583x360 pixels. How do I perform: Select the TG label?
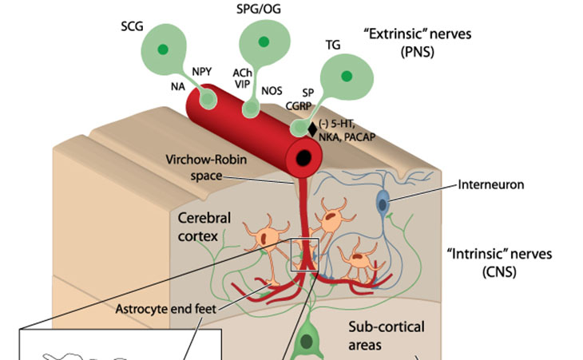(x=333, y=45)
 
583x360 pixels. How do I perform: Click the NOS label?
(x=272, y=90)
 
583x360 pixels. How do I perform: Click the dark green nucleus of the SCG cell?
(x=164, y=50)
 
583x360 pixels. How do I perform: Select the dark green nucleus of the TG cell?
(x=347, y=77)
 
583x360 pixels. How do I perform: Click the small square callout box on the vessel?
(x=305, y=255)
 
